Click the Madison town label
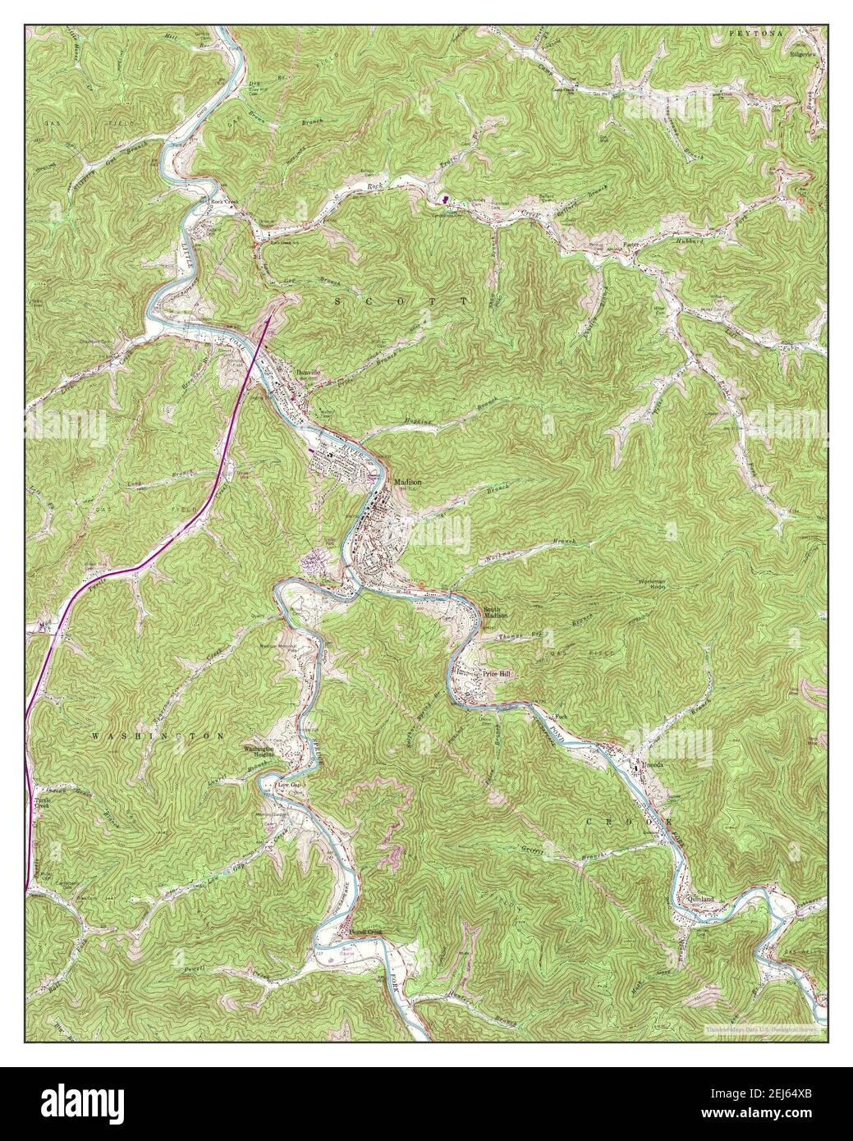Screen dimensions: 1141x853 (408, 483)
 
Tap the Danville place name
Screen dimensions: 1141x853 (308, 372)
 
